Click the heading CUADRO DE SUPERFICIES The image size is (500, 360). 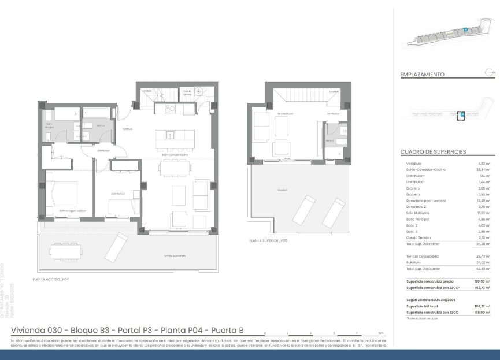[433, 152]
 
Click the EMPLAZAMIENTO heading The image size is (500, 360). [422, 75]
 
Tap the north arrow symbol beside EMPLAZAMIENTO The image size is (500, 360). [490, 72]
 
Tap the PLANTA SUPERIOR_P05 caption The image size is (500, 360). [268, 240]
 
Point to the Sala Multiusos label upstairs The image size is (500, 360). [284, 114]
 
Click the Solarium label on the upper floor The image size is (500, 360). [283, 189]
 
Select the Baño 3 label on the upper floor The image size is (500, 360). [329, 140]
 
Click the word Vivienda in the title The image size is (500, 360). [30, 330]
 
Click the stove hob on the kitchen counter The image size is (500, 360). [171, 108]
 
